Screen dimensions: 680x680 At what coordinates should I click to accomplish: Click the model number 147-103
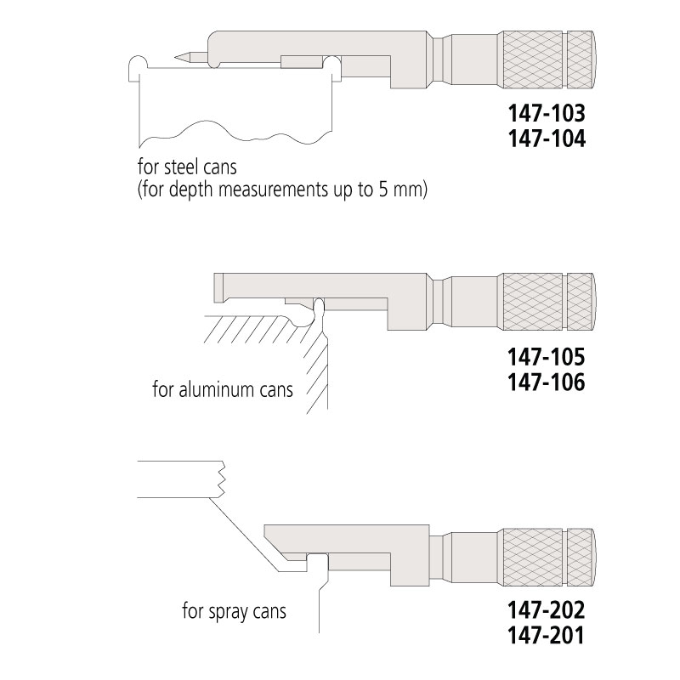(547, 113)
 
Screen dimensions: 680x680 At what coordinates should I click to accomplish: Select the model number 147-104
(547, 139)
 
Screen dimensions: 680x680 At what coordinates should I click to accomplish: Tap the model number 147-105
(547, 356)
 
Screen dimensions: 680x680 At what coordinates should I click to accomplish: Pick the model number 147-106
(547, 382)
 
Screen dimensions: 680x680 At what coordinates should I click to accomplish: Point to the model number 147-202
(547, 609)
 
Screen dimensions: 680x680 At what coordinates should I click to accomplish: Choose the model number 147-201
(547, 636)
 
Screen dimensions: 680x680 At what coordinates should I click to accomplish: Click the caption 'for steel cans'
(187, 167)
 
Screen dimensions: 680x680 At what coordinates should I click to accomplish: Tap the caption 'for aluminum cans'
(223, 389)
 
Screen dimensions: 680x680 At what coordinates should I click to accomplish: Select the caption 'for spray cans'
(235, 611)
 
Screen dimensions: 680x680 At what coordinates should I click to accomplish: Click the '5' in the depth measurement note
(383, 190)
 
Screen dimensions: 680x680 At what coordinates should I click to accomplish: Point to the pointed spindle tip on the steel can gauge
(175, 57)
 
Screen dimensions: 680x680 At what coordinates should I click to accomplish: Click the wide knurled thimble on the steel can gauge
(533, 59)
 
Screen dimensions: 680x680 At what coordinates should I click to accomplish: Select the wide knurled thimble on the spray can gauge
(533, 558)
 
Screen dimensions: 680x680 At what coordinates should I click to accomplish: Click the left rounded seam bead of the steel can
(138, 66)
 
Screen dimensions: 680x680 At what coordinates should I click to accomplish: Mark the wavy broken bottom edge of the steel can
(235, 132)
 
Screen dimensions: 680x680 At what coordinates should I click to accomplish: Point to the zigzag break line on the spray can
(222, 479)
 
